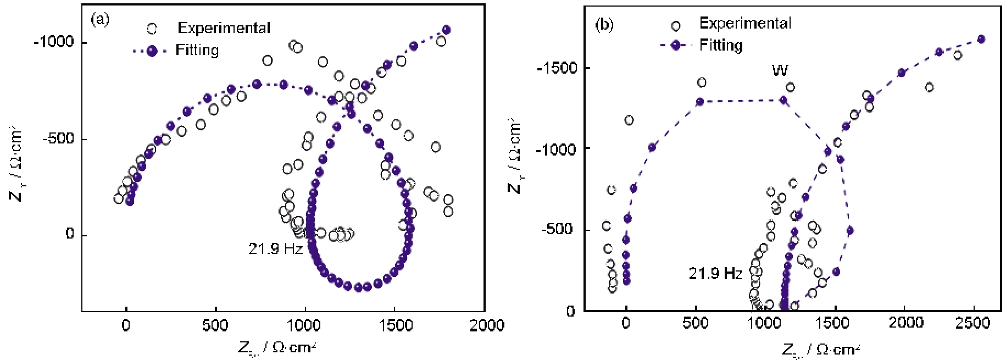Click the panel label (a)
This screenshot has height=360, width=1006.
pyautogui.click(x=99, y=20)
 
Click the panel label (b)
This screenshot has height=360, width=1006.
pyautogui.click(x=604, y=25)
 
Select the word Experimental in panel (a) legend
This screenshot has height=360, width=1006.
pyautogui.click(x=224, y=28)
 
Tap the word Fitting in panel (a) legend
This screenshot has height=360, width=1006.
pyautogui.click(x=197, y=50)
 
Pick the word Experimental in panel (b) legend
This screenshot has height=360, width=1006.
pyautogui.click(x=744, y=23)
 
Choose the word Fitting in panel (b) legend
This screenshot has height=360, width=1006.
pyautogui.click(x=720, y=45)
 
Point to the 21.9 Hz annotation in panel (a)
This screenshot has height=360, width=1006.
pyautogui.click(x=275, y=249)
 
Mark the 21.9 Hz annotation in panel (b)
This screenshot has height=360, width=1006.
pyautogui.click(x=715, y=273)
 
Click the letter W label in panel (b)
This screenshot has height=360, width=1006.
pyautogui.click(x=780, y=70)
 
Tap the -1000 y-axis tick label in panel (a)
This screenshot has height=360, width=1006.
pyautogui.click(x=54, y=42)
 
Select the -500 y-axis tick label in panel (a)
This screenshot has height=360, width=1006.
pyautogui.click(x=58, y=139)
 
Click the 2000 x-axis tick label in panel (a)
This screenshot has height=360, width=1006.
pyautogui.click(x=486, y=325)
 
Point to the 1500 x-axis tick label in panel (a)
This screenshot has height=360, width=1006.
pyautogui.click(x=396, y=325)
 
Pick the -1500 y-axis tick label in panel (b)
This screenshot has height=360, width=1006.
pyautogui.click(x=557, y=68)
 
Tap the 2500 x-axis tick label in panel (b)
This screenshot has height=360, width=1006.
pyautogui.click(x=972, y=323)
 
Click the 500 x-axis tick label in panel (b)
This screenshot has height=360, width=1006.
pyautogui.click(x=695, y=323)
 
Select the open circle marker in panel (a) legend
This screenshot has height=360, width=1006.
pyautogui.click(x=152, y=29)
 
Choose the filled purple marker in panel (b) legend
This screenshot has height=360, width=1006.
pyautogui.click(x=676, y=45)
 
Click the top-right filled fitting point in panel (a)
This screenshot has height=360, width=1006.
pyautogui.click(x=446, y=30)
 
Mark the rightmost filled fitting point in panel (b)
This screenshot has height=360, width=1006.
pyautogui.click(x=981, y=39)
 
